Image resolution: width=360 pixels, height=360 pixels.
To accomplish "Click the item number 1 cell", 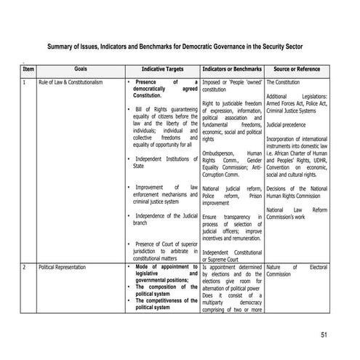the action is coord(25,82).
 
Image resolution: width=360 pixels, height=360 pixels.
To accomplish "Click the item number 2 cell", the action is coord(25,268).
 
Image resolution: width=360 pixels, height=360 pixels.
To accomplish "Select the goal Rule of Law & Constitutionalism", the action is coord(71,82).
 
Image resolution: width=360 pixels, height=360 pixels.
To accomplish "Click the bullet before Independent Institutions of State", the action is coord(128,159).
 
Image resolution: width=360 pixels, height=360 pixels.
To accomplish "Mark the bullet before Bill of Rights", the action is coord(128,110).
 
